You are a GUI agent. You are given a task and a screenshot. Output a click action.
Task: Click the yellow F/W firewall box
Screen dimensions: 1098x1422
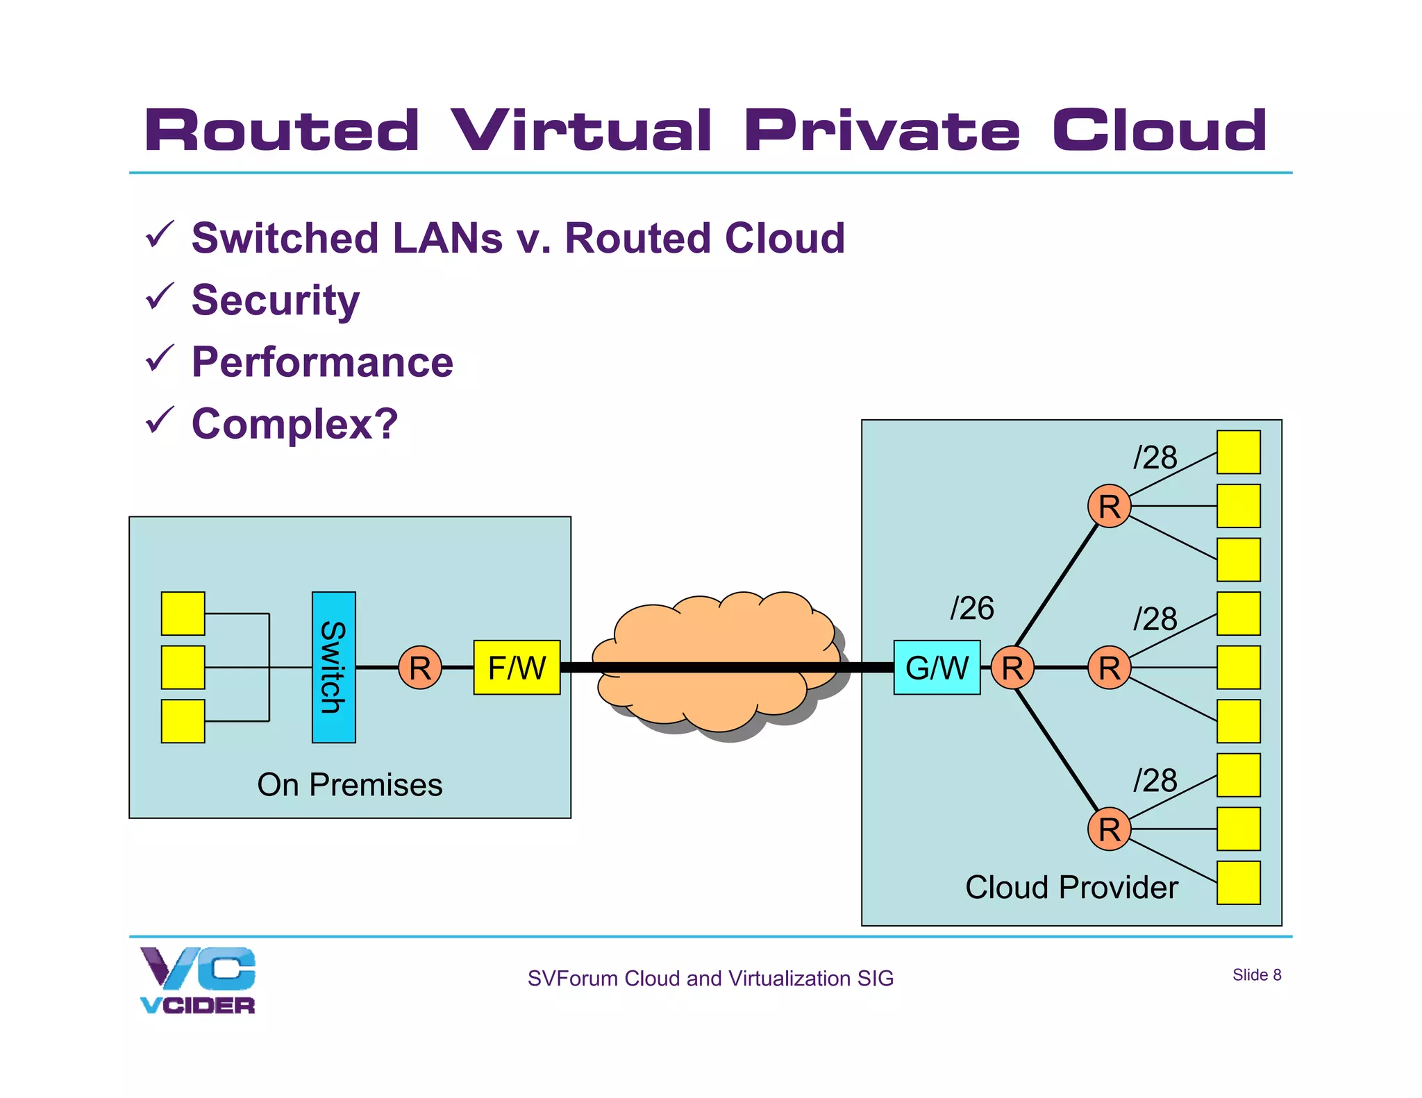click(517, 667)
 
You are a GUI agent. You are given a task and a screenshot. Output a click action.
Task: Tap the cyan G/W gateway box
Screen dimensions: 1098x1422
click(937, 667)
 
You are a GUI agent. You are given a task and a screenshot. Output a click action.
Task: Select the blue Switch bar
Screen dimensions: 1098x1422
click(333, 667)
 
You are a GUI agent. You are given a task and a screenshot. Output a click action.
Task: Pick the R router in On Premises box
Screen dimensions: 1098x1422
click(420, 667)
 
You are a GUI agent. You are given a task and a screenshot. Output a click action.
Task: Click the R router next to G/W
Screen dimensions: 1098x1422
click(1012, 667)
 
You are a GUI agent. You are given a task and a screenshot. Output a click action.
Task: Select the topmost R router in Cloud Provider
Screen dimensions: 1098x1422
click(1109, 506)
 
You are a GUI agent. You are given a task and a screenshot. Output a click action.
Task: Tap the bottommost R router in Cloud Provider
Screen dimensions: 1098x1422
click(1109, 829)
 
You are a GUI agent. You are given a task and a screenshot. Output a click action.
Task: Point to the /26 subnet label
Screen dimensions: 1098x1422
click(972, 609)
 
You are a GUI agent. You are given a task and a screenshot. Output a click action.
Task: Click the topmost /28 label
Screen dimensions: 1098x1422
click(1155, 457)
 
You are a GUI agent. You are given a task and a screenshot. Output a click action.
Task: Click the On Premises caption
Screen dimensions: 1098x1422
click(349, 785)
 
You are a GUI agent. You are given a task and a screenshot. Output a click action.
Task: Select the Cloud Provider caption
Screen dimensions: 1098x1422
click(1071, 887)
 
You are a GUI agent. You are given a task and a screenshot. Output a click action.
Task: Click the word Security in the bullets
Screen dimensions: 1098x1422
click(276, 300)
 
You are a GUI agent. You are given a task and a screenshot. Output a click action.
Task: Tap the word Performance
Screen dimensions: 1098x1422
click(322, 362)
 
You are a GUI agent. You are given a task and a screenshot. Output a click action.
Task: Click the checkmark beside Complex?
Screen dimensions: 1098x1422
click(159, 421)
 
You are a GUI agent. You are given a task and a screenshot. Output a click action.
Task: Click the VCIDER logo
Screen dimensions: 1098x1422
click(198, 980)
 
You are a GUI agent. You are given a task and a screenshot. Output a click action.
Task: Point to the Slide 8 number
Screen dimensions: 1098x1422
click(1256, 974)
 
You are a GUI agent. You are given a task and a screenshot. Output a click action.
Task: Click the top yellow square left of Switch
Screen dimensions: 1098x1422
click(183, 613)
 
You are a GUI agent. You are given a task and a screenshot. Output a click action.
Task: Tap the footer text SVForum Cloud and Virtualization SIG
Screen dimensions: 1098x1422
click(710, 978)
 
